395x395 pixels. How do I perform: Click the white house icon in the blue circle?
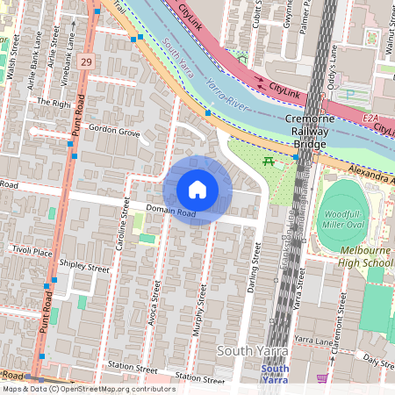pos(197,190)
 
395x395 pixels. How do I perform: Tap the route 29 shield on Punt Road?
pos(85,61)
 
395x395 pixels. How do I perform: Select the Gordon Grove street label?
pos(114,132)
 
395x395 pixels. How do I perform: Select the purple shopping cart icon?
pos(322,378)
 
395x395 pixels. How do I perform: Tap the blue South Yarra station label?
pos(275,374)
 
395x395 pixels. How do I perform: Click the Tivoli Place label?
pos(32,250)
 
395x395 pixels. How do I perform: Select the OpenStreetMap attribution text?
pos(88,389)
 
